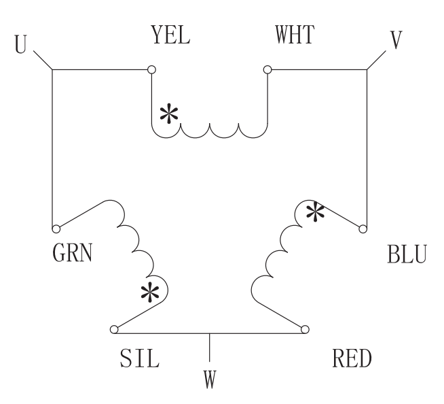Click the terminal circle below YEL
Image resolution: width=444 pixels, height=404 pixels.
point(151,69)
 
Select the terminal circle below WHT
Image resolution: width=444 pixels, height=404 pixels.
point(268,69)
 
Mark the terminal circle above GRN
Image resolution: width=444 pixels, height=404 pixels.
point(56,229)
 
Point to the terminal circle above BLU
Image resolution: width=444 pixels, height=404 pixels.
point(365,229)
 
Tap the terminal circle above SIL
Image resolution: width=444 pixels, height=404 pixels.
point(114,330)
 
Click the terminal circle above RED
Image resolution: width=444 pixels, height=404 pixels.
point(305,330)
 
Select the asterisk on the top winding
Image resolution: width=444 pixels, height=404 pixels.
point(168,115)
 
